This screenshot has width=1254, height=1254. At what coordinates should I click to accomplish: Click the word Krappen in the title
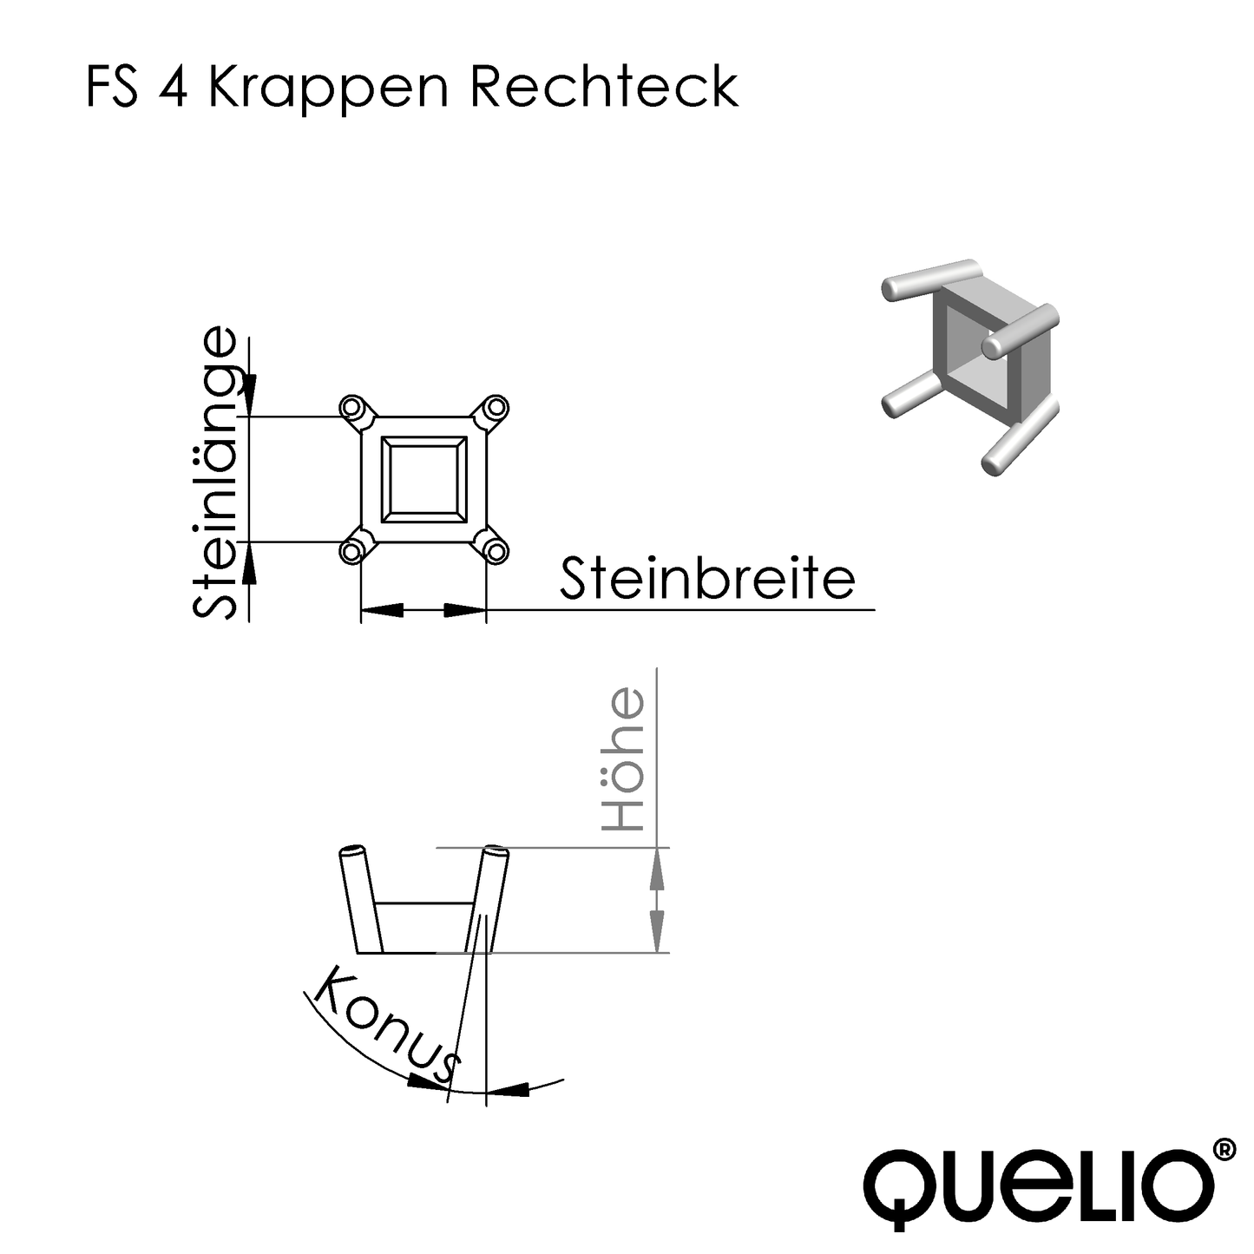[328, 89]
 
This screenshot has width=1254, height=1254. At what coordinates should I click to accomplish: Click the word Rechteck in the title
[604, 87]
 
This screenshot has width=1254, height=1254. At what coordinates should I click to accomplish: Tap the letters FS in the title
[113, 87]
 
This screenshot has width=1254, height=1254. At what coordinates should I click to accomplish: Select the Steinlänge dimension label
[213, 473]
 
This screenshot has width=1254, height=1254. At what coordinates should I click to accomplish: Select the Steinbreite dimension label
[707, 579]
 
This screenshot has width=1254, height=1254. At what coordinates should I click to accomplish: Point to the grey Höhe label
[626, 760]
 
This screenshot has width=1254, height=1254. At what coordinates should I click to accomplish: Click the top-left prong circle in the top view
[351, 407]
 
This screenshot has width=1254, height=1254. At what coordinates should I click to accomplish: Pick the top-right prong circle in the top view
[496, 406]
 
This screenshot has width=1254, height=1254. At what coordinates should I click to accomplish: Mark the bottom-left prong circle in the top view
[351, 551]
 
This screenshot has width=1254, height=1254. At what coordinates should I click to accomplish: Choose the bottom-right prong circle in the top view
[496, 550]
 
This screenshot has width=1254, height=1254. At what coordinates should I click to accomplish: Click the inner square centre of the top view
[423, 479]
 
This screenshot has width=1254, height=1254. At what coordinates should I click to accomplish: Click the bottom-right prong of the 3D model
[1020, 438]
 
